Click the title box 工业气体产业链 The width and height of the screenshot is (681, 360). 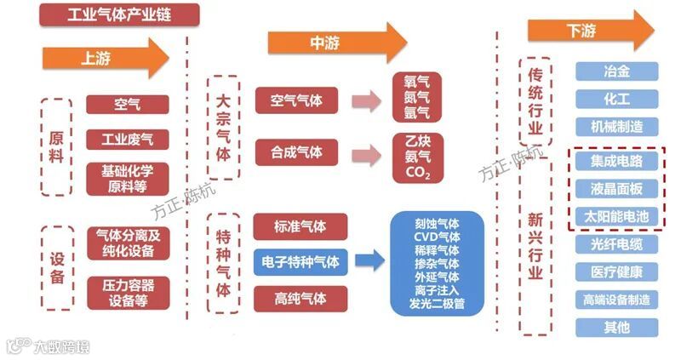[119, 14]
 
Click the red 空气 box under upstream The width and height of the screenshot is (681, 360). [127, 105]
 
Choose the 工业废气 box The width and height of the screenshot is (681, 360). [127, 139]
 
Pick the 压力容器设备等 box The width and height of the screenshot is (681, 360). [128, 293]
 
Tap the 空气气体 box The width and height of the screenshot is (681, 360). [296, 100]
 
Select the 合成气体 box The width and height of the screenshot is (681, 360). [296, 152]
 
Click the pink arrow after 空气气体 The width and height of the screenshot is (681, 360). [366, 101]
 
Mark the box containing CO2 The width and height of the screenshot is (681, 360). [418, 157]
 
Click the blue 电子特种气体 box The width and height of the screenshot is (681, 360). [301, 262]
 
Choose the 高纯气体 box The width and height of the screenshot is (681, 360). [301, 298]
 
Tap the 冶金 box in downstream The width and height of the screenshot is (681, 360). [616, 71]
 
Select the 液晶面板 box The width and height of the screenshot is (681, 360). [616, 188]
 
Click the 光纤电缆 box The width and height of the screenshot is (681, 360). [616, 244]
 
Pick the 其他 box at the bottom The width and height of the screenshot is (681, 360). [616, 326]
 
